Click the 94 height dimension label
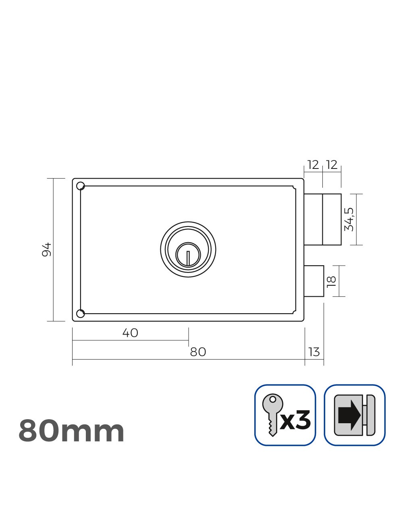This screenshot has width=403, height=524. tap(47, 250)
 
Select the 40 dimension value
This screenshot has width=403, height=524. tap(130, 333)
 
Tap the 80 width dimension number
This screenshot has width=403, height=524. tap(198, 352)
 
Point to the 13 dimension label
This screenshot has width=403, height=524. tap(314, 352)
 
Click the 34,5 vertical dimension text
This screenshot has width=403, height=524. tap(349, 219)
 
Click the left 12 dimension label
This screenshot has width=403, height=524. tap(313, 164)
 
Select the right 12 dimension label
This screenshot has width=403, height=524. tap(332, 164)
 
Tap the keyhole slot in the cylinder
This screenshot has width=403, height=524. tap(188, 257)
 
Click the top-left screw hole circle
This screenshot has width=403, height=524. tap(80, 185)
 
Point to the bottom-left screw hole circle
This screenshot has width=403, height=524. tap(80, 313)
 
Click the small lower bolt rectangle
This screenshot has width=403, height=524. tap(314, 281)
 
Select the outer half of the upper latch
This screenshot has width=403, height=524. tap(332, 219)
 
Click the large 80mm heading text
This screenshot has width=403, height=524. tap(71, 431)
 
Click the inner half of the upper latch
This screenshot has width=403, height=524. tap(314, 219)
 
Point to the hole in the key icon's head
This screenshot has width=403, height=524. tap(273, 400)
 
